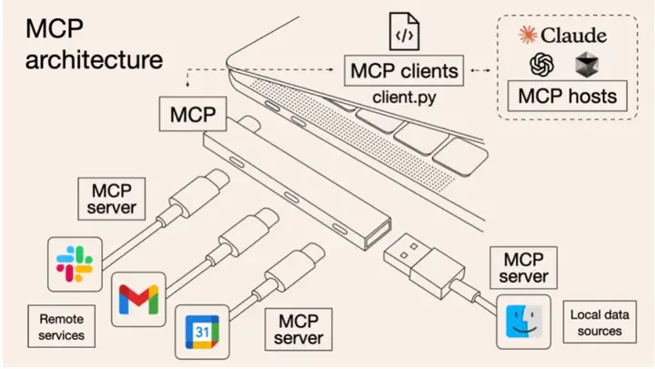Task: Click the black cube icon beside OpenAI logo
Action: [584, 64]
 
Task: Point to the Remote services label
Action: [61, 327]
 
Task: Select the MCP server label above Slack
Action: [113, 199]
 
